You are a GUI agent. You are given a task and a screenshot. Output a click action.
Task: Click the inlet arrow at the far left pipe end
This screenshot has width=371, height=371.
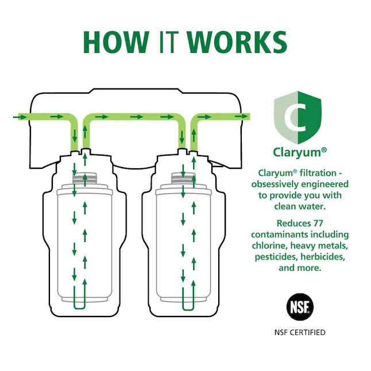(21, 117)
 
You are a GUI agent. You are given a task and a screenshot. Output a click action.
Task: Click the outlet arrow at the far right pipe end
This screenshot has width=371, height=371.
(242, 117)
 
